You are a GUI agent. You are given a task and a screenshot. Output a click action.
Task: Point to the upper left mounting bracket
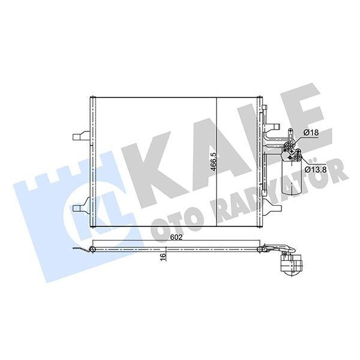(x=79, y=137)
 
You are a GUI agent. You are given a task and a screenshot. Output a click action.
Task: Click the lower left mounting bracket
(x=79, y=208)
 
